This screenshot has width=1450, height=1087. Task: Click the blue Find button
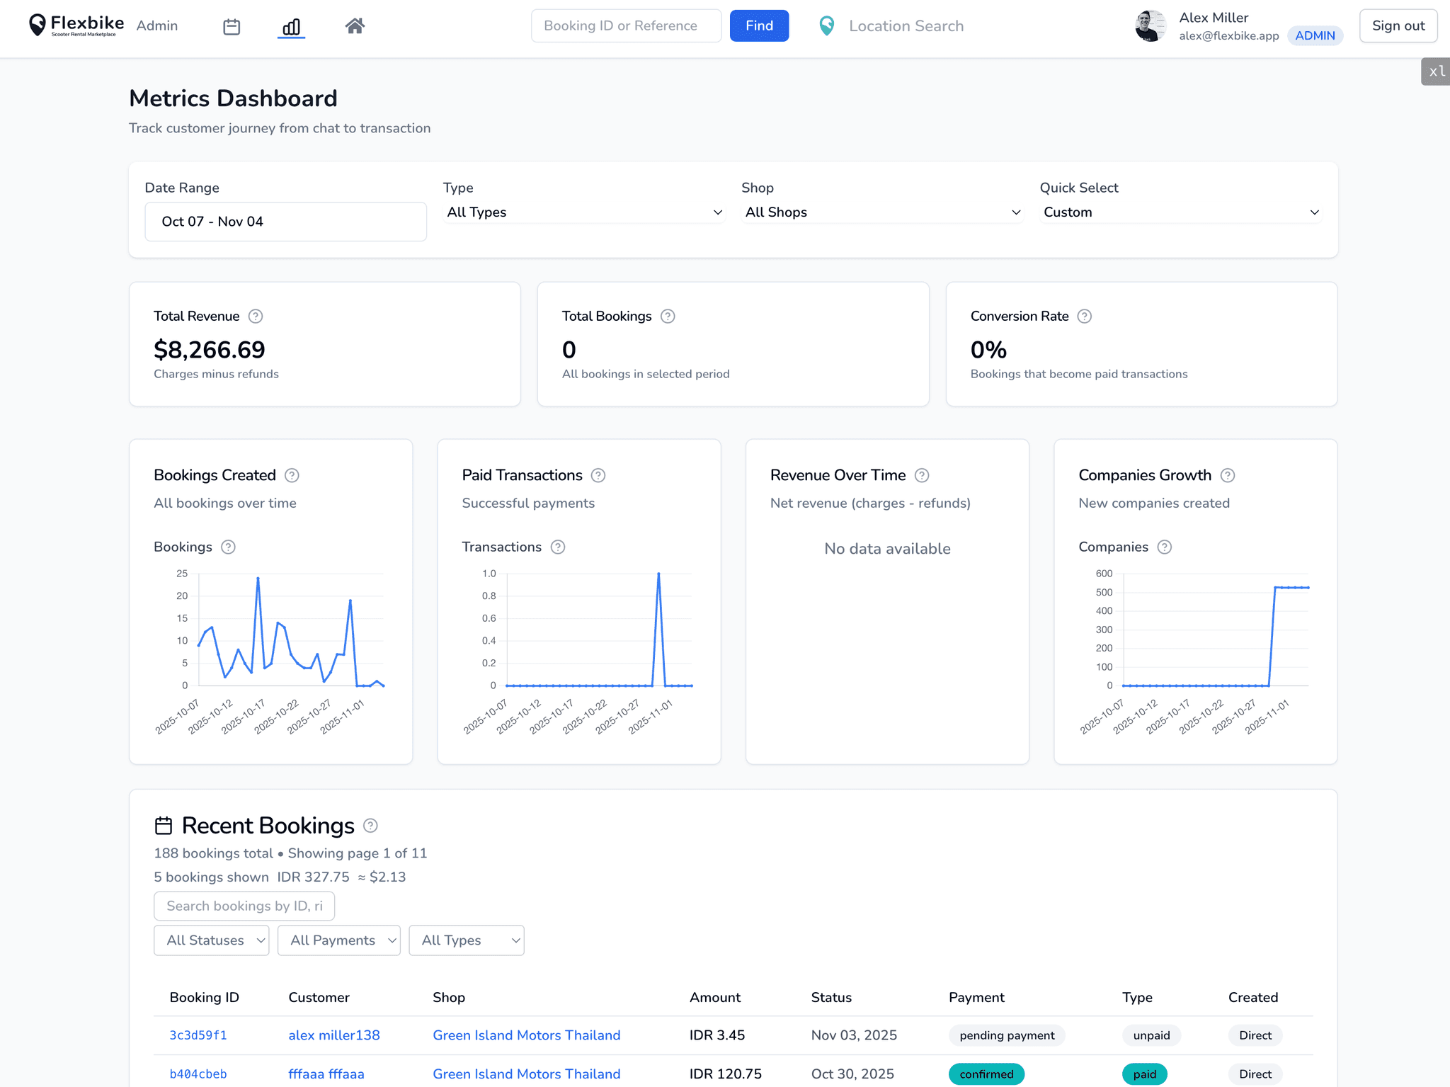(x=759, y=26)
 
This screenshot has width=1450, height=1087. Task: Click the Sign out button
(x=1398, y=26)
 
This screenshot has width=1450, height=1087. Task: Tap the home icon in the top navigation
(x=355, y=26)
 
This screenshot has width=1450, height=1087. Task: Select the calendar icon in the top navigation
(x=232, y=27)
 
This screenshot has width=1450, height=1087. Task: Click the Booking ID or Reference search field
(x=626, y=26)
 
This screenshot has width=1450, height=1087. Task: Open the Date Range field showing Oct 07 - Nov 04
(x=285, y=222)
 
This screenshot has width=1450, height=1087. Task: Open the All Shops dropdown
(x=882, y=212)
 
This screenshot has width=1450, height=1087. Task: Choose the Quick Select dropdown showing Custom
(x=1180, y=212)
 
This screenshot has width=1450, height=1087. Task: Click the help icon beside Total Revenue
(x=256, y=317)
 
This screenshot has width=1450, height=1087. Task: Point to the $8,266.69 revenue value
(x=210, y=350)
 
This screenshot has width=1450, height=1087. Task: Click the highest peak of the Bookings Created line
(x=258, y=579)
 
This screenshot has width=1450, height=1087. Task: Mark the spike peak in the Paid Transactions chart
(x=658, y=574)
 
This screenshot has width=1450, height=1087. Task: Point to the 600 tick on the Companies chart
(x=1104, y=574)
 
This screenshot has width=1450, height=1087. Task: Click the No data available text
(x=887, y=549)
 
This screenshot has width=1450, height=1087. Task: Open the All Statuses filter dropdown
(x=211, y=940)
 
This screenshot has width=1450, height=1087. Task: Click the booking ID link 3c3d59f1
(x=198, y=1035)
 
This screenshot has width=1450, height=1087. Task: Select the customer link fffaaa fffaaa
(x=326, y=1074)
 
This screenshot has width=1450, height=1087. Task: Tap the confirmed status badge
(x=986, y=1074)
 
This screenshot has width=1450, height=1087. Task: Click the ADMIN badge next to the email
(x=1315, y=35)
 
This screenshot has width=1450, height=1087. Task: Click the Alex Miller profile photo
(x=1151, y=26)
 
